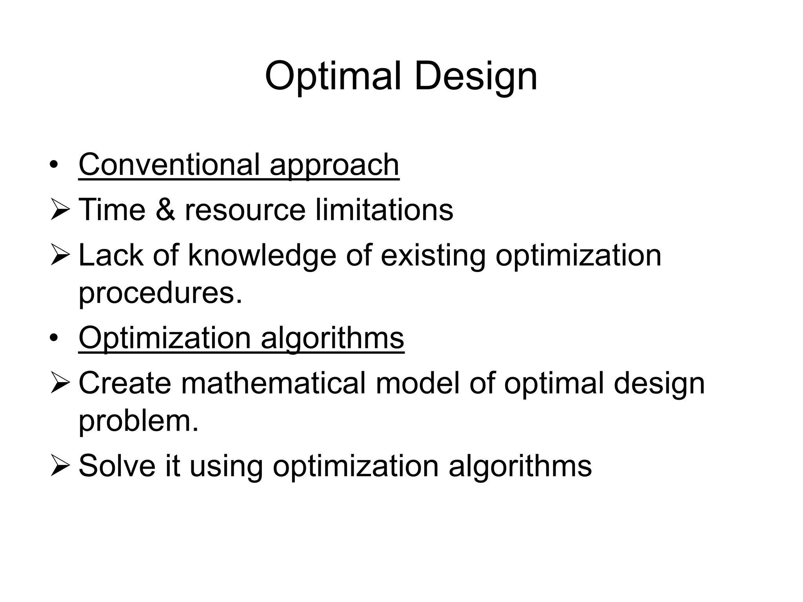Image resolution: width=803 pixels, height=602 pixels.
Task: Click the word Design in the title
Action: pyautogui.click(x=475, y=76)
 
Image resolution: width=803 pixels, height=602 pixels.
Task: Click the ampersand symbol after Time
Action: pyautogui.click(x=165, y=210)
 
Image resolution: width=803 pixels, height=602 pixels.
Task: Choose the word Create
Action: pyautogui.click(x=125, y=383)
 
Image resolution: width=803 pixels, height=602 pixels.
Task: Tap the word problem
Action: pyautogui.click(x=138, y=421)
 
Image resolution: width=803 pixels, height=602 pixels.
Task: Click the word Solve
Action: pyautogui.click(x=117, y=466)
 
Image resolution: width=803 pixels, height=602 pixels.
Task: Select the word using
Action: pyautogui.click(x=226, y=467)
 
